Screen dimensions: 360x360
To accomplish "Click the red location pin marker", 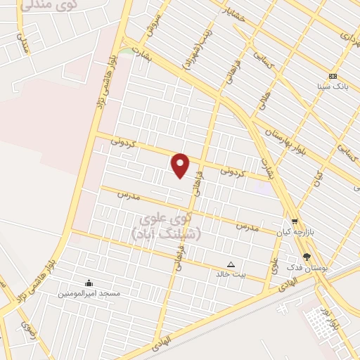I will pos(181,166).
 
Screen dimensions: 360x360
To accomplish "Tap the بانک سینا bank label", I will pos(333,86).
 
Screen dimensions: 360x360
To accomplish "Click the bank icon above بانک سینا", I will pos(333,76).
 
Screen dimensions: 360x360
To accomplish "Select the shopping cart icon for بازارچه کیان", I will pos(295,221).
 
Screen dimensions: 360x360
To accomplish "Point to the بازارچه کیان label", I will pos(293,231).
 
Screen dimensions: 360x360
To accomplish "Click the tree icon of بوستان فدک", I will pos(307,257).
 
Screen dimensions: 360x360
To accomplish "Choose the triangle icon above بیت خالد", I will pos(231,264).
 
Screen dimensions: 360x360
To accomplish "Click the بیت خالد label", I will pos(231,275).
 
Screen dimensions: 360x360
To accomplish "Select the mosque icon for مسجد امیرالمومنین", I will pos(89,283).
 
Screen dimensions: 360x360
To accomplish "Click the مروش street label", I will pos(153,26).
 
